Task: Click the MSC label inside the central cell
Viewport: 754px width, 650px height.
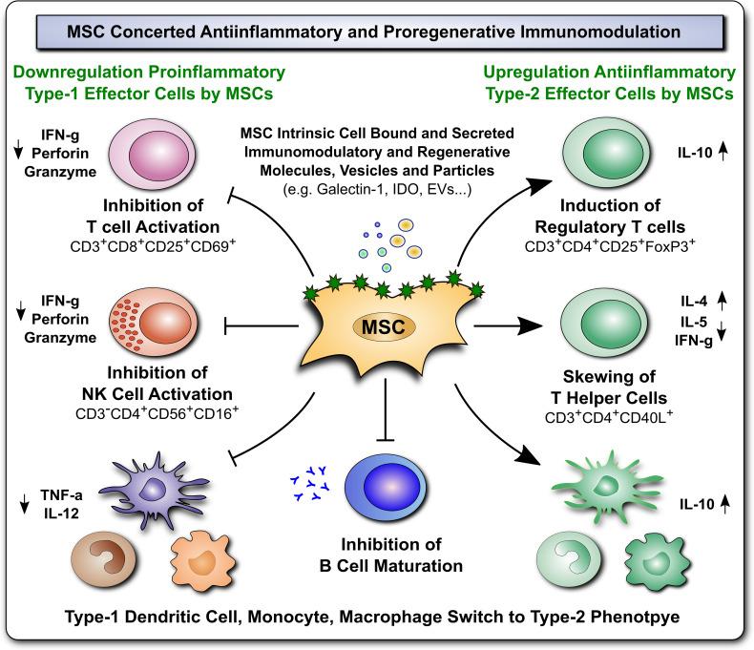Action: pyautogui.click(x=380, y=327)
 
